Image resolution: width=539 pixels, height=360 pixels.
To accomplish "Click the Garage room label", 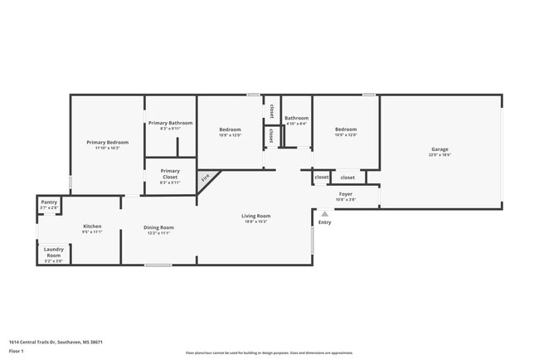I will (x=439, y=149).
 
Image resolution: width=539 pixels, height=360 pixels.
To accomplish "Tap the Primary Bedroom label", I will (x=108, y=143).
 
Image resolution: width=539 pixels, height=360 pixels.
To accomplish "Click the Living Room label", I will (x=256, y=216).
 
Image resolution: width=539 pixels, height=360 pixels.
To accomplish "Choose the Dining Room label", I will (x=158, y=227).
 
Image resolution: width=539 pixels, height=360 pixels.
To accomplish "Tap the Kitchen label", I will (x=92, y=226).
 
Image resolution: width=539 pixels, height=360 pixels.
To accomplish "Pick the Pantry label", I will (x=49, y=202).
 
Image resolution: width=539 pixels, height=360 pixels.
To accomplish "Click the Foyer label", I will (x=346, y=194).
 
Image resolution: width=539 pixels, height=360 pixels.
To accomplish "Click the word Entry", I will (x=324, y=221).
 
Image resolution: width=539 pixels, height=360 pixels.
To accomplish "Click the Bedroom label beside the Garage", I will (x=346, y=129).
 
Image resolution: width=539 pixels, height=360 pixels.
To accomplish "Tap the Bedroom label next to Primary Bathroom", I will (x=230, y=129).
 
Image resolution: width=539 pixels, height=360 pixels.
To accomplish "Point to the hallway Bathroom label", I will (x=296, y=118).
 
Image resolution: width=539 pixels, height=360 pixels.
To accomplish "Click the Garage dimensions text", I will (x=439, y=155).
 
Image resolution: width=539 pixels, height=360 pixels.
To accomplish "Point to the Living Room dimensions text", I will (x=256, y=221).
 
